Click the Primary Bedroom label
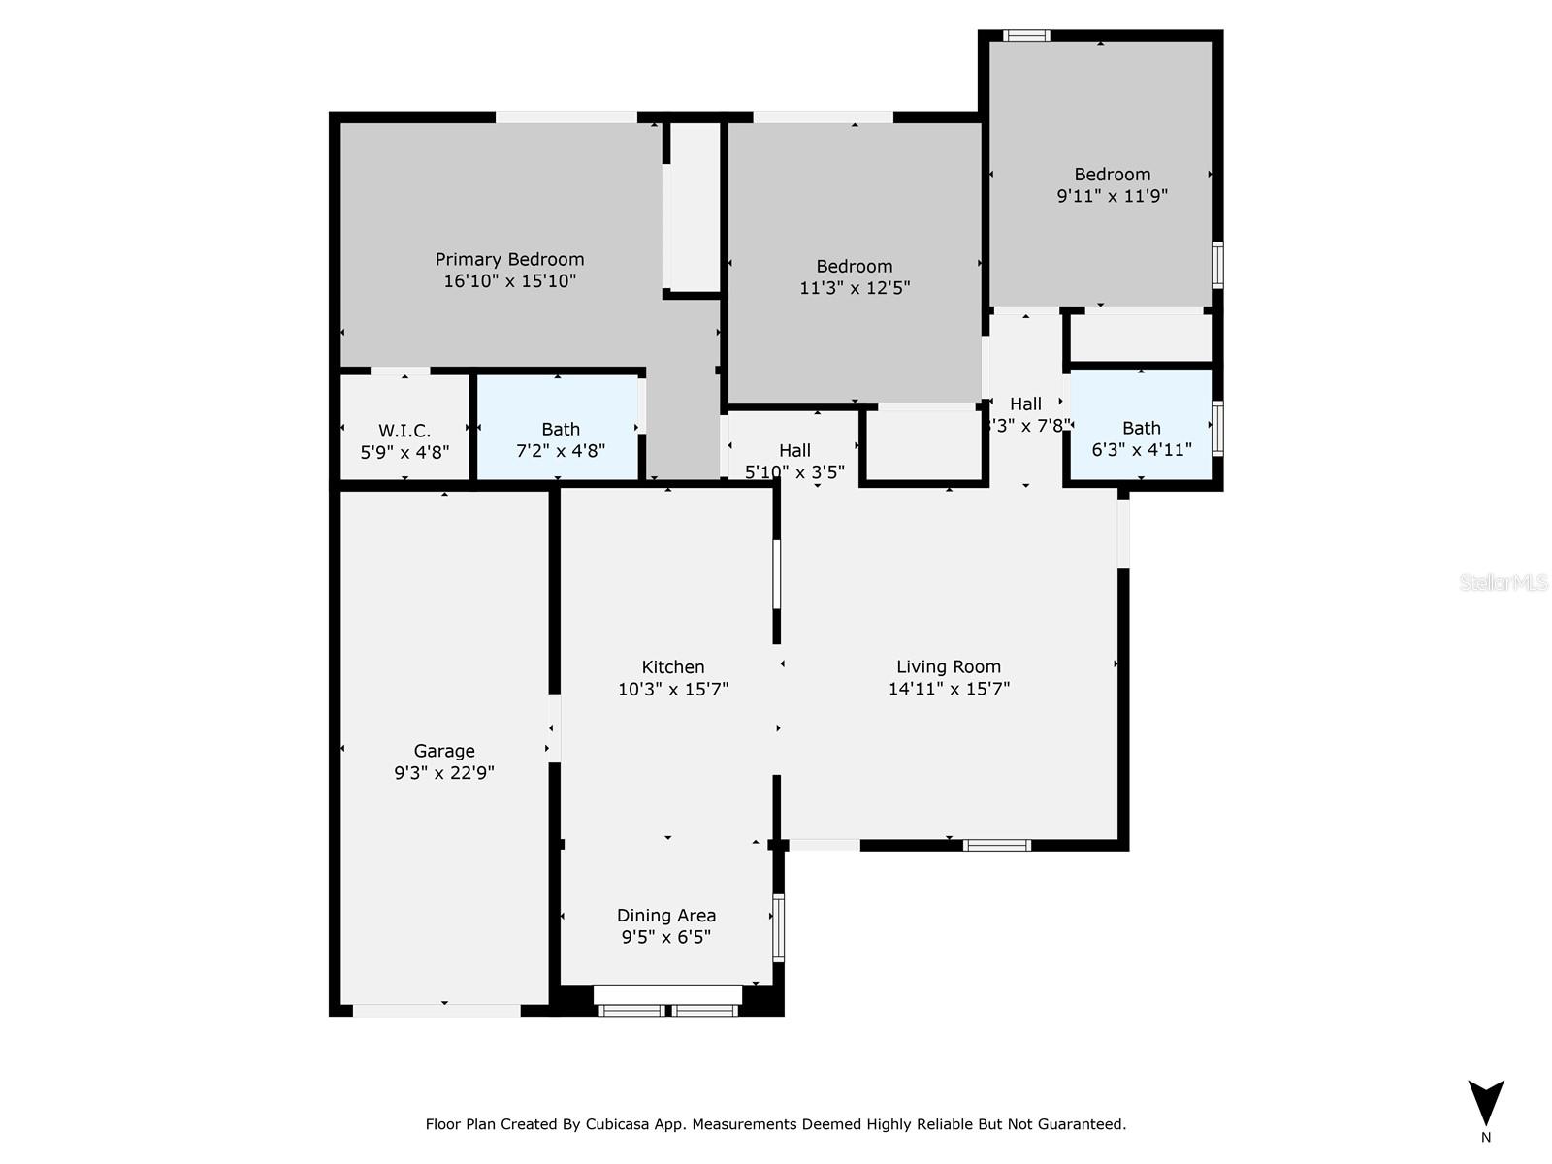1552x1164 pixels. point(509,259)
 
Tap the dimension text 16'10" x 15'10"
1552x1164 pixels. point(509,281)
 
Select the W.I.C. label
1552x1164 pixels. point(404,430)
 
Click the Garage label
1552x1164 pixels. point(444,751)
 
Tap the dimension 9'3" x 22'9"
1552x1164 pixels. point(444,773)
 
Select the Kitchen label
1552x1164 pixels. point(672,667)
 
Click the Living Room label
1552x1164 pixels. point(948,666)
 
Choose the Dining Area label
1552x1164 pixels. point(666,916)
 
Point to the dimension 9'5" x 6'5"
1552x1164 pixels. point(666,937)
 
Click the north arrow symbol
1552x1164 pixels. point(1485,1103)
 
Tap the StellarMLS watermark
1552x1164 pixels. point(1503,582)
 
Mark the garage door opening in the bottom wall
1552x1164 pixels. point(436,1011)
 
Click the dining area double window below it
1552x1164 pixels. point(668,1011)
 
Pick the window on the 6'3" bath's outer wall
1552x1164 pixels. point(1217,428)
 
